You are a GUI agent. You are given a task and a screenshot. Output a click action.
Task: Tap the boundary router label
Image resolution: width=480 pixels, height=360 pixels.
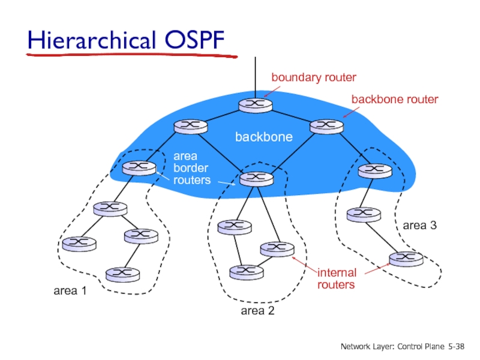tap(314, 77)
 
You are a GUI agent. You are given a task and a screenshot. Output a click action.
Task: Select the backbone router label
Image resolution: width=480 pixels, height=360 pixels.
tap(394, 99)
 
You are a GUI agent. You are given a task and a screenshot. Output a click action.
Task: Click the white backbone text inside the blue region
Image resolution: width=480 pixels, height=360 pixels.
tap(263, 137)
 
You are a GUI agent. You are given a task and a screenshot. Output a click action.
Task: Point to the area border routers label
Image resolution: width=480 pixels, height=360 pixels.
tap(191, 167)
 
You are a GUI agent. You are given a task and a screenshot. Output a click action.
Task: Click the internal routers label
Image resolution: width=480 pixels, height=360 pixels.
tap(337, 278)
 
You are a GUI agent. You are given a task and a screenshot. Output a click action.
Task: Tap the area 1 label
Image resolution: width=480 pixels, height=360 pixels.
tap(71, 291)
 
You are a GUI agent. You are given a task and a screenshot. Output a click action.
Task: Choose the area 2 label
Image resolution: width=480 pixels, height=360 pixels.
tap(257, 310)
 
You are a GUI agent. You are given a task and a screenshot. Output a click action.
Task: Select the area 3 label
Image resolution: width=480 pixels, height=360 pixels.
tap(419, 226)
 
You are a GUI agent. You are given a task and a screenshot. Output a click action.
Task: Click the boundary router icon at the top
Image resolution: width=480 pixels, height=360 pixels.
tap(255, 104)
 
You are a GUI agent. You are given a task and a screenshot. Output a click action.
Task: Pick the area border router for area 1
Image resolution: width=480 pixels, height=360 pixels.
tap(139, 167)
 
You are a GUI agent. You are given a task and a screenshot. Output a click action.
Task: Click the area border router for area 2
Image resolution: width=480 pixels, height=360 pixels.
tap(256, 178)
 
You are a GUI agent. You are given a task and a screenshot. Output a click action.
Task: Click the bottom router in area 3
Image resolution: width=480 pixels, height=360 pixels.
tap(406, 258)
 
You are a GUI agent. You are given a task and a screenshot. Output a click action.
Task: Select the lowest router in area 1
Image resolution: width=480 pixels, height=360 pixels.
tap(122, 274)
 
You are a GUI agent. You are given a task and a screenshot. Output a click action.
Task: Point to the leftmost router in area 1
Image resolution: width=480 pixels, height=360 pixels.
tap(79, 243)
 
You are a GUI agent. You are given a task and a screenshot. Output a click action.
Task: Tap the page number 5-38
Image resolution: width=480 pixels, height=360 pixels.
tap(456, 347)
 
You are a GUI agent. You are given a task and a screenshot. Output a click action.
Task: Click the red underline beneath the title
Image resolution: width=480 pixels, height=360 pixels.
tap(132, 56)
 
